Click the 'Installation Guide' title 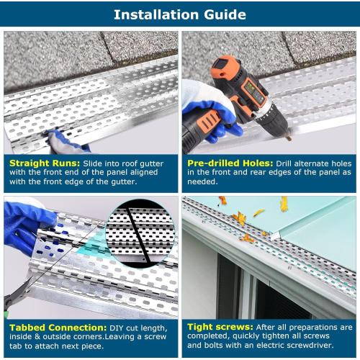pyautogui.click(x=179, y=14)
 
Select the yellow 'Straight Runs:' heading pyautogui.click(x=37, y=163)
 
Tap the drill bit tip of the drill pyautogui.click(x=288, y=138)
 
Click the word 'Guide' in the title pyautogui.click(x=220, y=14)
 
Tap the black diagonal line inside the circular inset pyautogui.click(x=137, y=234)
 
